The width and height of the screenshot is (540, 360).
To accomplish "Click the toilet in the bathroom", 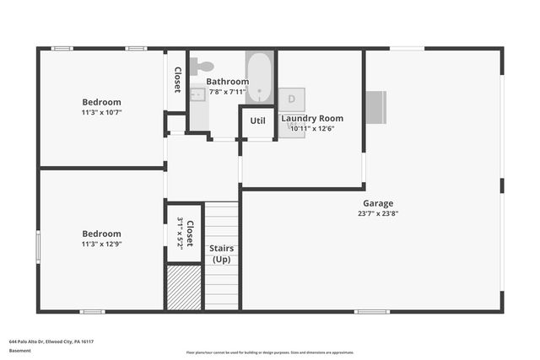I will (202, 66).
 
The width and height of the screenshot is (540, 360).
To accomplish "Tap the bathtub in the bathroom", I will (259, 78).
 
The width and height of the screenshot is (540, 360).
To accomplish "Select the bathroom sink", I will (197, 95).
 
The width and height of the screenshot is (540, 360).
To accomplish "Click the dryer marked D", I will (291, 99).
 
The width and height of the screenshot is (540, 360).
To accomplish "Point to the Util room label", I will (257, 121).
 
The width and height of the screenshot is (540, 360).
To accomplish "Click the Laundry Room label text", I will (312, 119).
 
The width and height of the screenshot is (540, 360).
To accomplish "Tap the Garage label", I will (377, 203).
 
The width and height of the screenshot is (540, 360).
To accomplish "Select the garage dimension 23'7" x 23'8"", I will (377, 213).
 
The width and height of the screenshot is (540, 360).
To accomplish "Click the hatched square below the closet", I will (184, 287).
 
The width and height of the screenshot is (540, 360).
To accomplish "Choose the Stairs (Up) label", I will (222, 254).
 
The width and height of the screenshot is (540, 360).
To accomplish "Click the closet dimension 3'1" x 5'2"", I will (180, 232).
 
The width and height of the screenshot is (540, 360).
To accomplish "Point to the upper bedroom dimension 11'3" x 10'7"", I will (101, 112).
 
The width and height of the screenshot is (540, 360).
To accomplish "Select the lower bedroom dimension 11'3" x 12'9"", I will (101, 244).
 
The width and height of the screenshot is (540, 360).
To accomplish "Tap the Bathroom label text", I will (228, 82).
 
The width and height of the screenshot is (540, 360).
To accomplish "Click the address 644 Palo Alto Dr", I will (51, 341).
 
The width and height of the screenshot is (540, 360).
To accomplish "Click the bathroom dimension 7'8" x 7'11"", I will (228, 91).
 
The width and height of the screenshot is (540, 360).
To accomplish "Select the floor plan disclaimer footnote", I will (270, 352).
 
